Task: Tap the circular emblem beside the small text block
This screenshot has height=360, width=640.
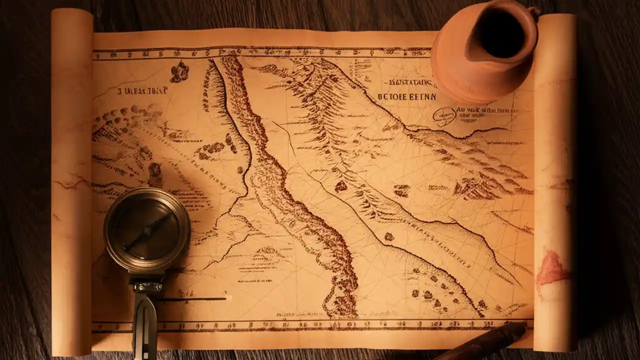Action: click(x=444, y=115)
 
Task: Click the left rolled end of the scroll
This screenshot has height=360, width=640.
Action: click(x=71, y=180)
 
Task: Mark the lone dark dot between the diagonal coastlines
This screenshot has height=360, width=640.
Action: click(x=388, y=236)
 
